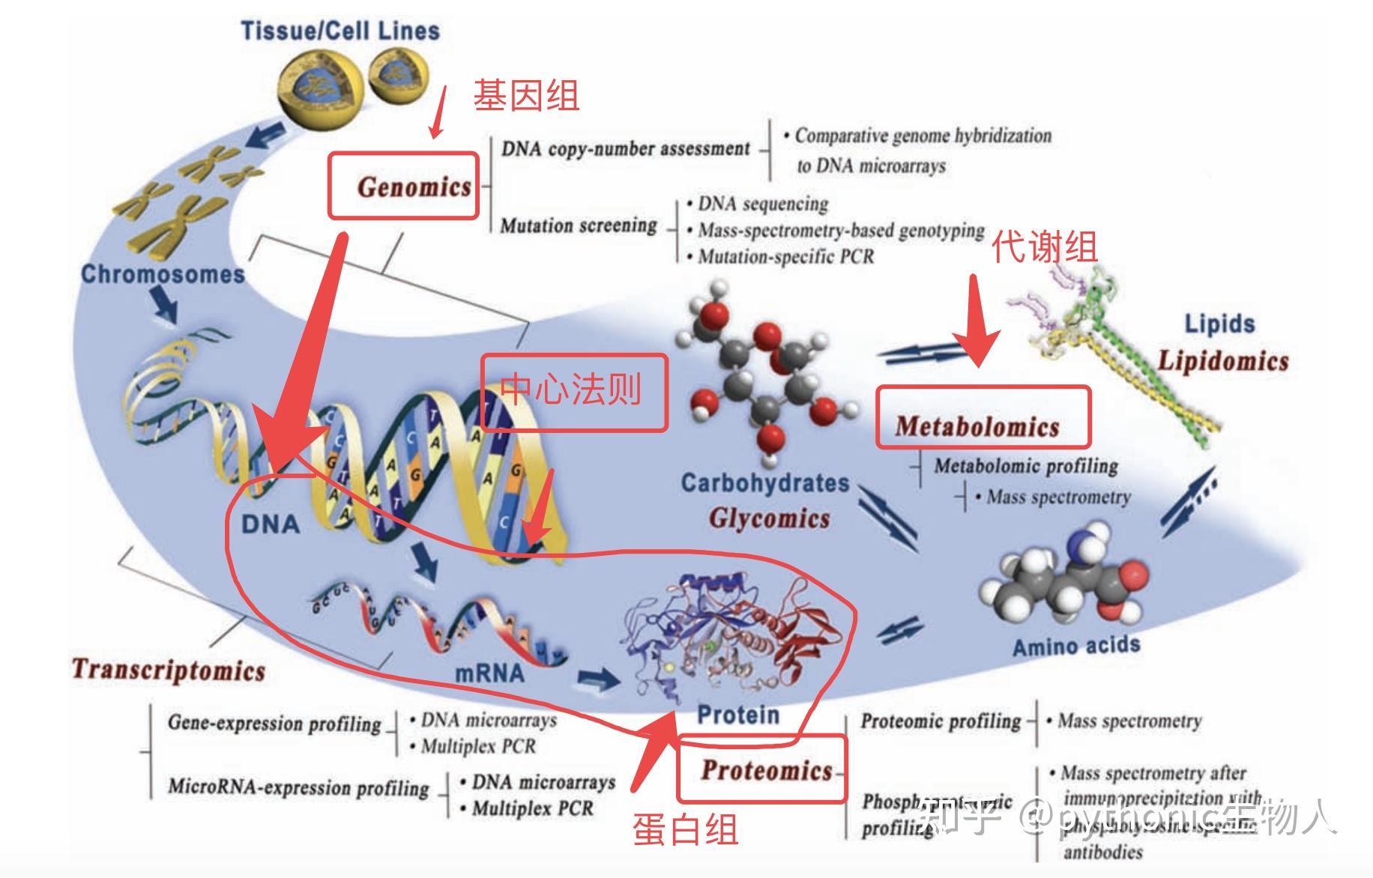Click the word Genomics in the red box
(414, 187)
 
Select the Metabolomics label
(977, 426)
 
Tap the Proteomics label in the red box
(767, 770)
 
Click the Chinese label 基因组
(526, 96)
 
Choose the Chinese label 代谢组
(1045, 246)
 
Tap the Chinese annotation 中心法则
(571, 390)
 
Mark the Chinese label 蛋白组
(685, 829)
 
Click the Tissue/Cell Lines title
(340, 31)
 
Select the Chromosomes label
(163, 274)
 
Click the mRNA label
(489, 673)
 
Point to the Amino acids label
(1076, 646)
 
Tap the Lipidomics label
(1223, 360)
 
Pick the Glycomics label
(770, 518)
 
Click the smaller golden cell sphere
(397, 77)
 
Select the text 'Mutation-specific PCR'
(785, 257)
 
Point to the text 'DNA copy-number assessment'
(625, 148)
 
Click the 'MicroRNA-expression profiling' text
(298, 787)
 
